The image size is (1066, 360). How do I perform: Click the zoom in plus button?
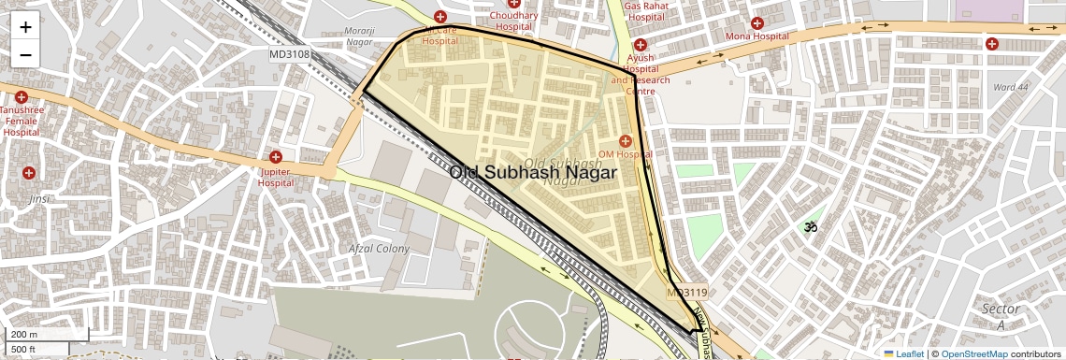[25, 26]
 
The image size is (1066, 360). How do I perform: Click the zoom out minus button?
[25, 54]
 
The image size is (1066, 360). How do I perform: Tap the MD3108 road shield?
[291, 54]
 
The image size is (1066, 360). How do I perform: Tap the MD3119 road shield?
[687, 293]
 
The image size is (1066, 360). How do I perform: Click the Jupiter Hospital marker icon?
[276, 157]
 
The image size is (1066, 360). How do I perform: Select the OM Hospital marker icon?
[625, 140]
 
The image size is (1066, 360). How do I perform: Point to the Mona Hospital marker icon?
[757, 22]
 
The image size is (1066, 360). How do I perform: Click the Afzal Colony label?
[379, 249]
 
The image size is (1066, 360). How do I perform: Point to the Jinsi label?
[38, 199]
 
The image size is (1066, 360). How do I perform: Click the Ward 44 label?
[1011, 87]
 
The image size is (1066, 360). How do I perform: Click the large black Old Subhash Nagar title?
[533, 173]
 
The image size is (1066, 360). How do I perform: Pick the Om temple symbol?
[810, 226]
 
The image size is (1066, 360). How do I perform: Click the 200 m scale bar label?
[24, 335]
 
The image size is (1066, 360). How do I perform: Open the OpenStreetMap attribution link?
[973, 353]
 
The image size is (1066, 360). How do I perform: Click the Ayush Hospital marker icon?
[641, 45]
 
